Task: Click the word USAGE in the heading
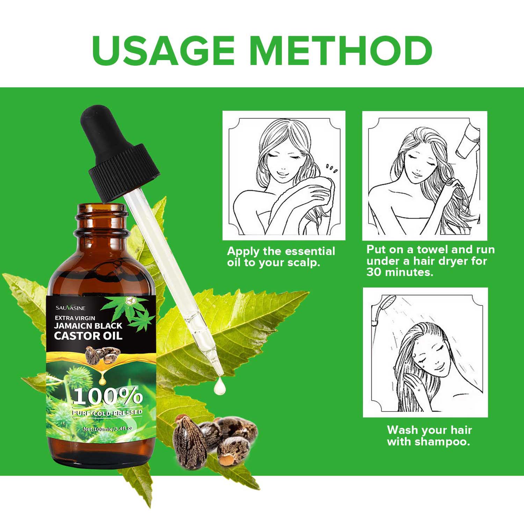coord(163,51)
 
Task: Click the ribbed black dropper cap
coord(124,173)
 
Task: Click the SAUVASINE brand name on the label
coord(70,308)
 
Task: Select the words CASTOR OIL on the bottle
coord(88,336)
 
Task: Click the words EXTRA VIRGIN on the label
coord(75,318)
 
